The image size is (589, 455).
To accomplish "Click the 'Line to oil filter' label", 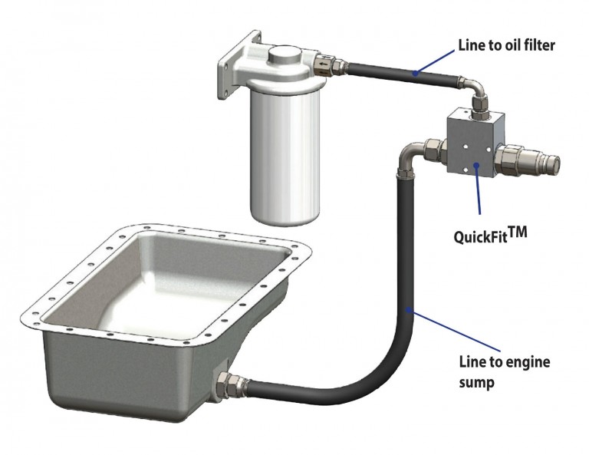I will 505,46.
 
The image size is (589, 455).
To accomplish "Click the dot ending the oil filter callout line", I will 415,74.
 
